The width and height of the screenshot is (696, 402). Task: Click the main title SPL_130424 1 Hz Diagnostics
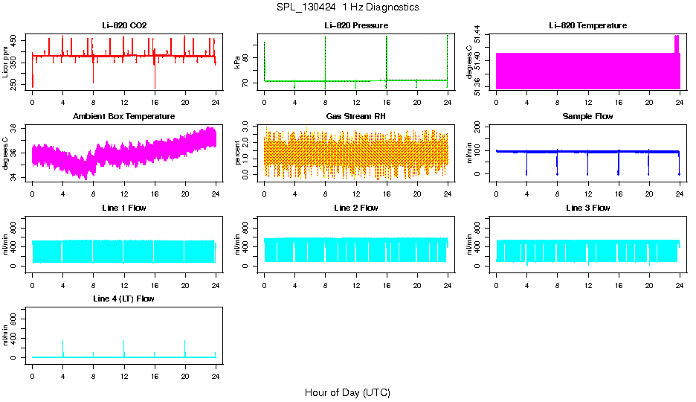pyautogui.click(x=347, y=7)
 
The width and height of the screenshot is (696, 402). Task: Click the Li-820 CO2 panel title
pyautogui.click(x=124, y=26)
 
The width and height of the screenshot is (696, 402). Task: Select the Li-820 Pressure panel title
pyautogui.click(x=355, y=26)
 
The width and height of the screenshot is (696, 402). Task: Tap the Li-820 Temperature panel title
pyautogui.click(x=587, y=26)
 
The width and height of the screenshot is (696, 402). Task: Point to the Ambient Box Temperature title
pyautogui.click(x=124, y=117)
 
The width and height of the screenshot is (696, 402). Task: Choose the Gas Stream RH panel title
pyautogui.click(x=355, y=117)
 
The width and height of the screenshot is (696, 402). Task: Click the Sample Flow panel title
pyautogui.click(x=587, y=117)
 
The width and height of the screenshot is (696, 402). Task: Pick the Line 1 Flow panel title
pyautogui.click(x=124, y=208)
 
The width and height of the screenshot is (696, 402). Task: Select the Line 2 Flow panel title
pyautogui.click(x=355, y=208)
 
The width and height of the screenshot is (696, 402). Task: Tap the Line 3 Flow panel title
pyautogui.click(x=587, y=208)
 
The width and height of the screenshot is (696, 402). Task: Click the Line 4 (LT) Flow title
pyautogui.click(x=124, y=299)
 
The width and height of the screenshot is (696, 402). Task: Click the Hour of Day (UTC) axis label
pyautogui.click(x=347, y=392)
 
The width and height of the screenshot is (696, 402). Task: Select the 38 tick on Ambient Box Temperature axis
pyautogui.click(x=15, y=129)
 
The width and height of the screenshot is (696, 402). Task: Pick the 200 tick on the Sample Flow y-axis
pyautogui.click(x=478, y=128)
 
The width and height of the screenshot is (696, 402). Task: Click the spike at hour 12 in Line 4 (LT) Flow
pyautogui.click(x=124, y=344)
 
